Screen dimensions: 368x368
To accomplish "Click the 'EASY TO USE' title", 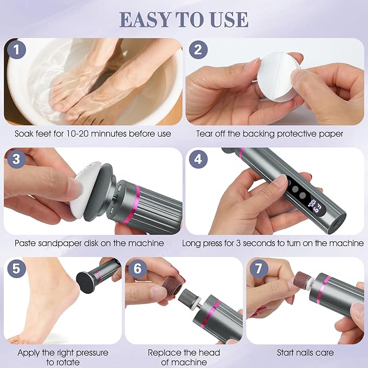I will coord(184,19).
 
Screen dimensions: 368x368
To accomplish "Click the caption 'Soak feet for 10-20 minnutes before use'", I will coord(93,133).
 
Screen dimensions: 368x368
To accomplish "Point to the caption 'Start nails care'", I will coord(305,353).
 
